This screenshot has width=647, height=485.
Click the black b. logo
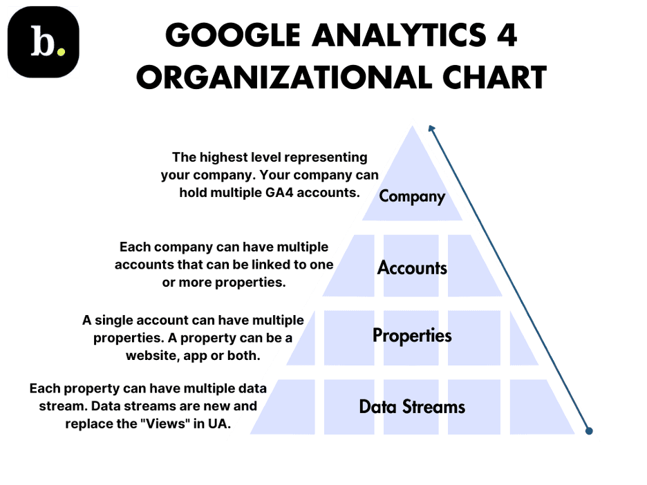tap(44, 42)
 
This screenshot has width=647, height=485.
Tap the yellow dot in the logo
tap(61, 52)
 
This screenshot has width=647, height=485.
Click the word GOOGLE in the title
tap(233, 35)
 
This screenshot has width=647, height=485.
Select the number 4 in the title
tap(507, 35)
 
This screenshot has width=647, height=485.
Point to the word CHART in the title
tap(495, 77)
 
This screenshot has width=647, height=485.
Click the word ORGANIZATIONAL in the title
tap(284, 77)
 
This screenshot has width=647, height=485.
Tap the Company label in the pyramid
tap(412, 197)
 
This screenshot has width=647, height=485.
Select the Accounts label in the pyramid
tap(412, 268)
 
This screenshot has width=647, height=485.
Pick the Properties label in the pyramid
tap(412, 336)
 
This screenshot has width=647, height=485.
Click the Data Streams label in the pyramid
tap(412, 407)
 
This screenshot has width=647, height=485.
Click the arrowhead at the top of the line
tap(431, 129)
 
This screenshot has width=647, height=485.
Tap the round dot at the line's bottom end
tap(589, 431)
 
